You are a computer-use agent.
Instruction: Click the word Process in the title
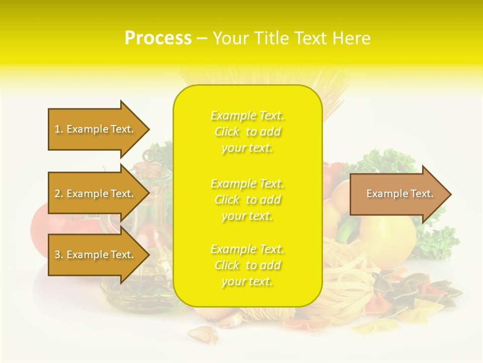158,38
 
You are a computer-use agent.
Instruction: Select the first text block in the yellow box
247,132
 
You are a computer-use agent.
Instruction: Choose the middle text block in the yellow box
247,200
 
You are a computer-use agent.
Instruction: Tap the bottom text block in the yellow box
247,265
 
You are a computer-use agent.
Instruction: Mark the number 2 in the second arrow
58,194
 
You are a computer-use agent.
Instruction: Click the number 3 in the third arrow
58,255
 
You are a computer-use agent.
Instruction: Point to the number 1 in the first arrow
57,129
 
